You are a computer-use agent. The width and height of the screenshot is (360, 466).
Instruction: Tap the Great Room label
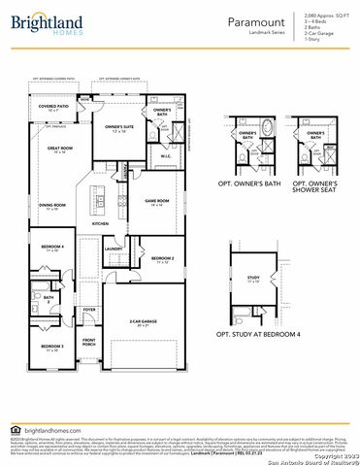[59, 150]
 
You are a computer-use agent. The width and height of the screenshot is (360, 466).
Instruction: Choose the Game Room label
[157, 202]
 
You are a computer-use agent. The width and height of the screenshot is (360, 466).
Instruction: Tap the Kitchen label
[100, 223]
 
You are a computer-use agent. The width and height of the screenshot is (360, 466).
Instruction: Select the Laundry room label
[113, 249]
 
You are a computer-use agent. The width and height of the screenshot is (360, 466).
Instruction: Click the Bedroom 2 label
[162, 259]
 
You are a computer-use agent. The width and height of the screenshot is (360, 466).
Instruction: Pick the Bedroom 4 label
[52, 249]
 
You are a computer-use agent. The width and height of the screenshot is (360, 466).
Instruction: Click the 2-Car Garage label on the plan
[144, 320]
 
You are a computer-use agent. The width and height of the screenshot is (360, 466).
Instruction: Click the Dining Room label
[52, 207]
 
